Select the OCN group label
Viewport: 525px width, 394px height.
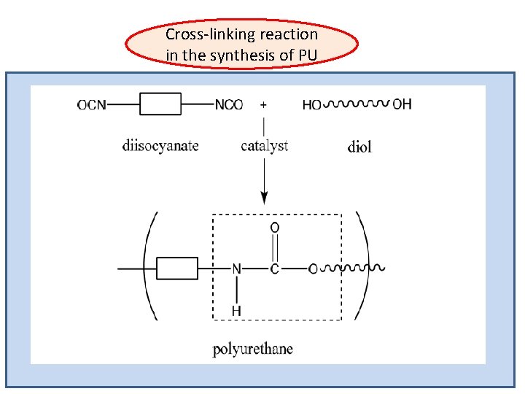92,105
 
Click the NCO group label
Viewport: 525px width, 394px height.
229,105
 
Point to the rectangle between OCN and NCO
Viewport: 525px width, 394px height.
160,104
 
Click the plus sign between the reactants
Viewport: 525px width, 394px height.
263,104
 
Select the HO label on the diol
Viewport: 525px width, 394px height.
311,105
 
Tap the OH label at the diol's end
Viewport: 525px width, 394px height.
402,104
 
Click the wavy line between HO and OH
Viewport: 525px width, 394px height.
357,104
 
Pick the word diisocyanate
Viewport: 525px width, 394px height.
160,146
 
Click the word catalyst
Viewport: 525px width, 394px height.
264,146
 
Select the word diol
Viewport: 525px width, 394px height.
359,147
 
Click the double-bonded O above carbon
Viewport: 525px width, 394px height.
275,228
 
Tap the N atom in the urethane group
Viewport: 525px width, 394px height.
236,269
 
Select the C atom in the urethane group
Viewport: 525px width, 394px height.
275,269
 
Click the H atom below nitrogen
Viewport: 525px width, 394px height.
236,311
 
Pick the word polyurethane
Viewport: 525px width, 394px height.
252,349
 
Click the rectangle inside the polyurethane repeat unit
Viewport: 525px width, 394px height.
177,269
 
